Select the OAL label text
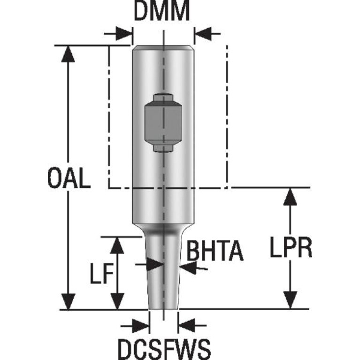pyautogui.click(x=69, y=178)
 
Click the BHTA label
pyautogui.click(x=214, y=251)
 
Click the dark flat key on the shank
pyautogui.click(x=162, y=123)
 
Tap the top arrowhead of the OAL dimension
pyautogui.click(x=69, y=53)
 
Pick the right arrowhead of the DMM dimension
pyautogui.click(x=201, y=34)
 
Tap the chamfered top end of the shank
pyautogui.click(x=162, y=47)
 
